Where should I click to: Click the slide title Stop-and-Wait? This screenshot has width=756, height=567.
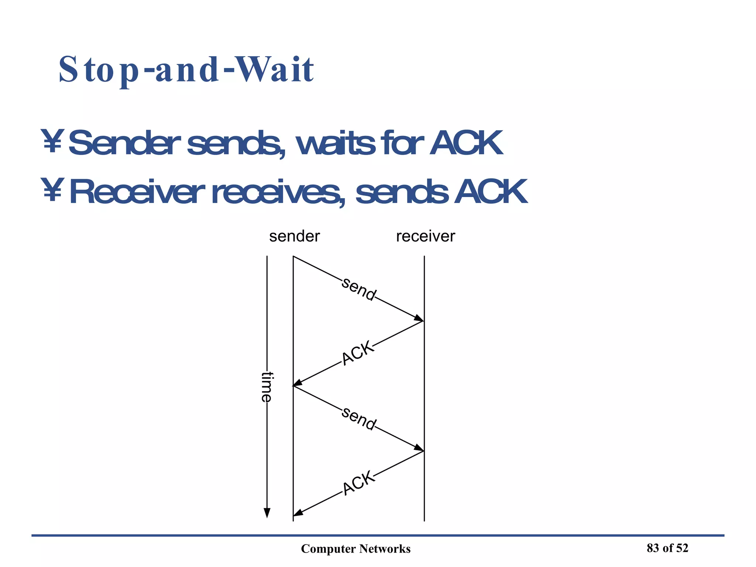click(186, 69)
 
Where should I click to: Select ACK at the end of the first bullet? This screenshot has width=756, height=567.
click(466, 143)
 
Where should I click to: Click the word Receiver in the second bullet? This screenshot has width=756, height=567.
click(137, 192)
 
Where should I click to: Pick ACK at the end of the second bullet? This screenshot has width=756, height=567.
click(491, 192)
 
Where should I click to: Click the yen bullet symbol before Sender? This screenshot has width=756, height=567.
click(52, 141)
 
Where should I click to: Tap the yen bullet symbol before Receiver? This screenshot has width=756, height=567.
click(52, 190)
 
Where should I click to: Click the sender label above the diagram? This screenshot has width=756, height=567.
click(294, 236)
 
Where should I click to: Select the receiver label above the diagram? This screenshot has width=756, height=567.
click(425, 236)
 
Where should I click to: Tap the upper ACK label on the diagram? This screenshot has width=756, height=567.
click(358, 353)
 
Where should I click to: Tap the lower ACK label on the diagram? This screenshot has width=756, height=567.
click(358, 483)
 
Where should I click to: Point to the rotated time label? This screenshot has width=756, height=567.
click(267, 387)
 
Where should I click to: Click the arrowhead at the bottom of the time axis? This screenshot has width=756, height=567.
click(267, 513)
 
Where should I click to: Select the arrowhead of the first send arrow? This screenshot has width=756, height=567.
click(419, 318)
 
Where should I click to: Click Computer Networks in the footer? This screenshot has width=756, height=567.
click(355, 549)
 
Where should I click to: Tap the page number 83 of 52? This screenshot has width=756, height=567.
click(667, 548)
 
